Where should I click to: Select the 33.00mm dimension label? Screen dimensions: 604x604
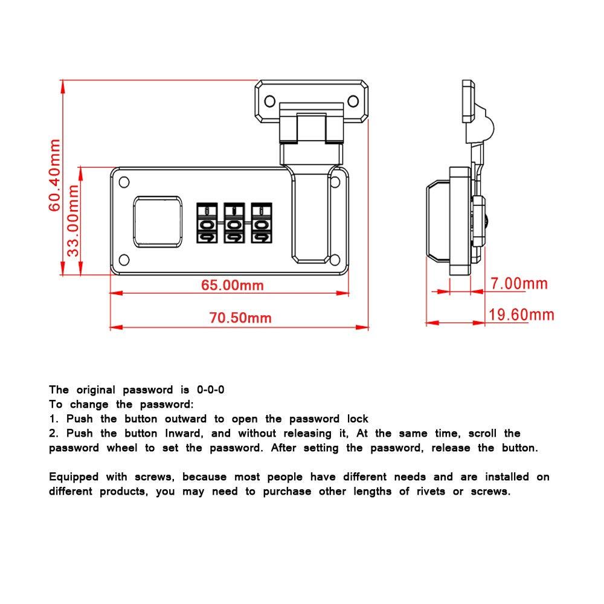73,220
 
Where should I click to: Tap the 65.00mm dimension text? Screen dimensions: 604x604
233,284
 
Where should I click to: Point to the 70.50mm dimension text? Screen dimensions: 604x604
240,318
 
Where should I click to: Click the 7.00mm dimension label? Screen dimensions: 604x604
519,284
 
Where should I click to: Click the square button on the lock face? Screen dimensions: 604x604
156,222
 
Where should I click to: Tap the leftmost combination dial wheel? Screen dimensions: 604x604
206,224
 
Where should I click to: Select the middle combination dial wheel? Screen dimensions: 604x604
233,224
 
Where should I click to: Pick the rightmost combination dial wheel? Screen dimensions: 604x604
260,224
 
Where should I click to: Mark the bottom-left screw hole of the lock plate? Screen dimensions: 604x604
124,260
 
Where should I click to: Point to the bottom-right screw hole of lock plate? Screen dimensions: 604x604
335,260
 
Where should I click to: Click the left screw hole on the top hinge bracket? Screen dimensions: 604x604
268,101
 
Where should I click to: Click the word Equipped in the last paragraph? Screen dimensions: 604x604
74,477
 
